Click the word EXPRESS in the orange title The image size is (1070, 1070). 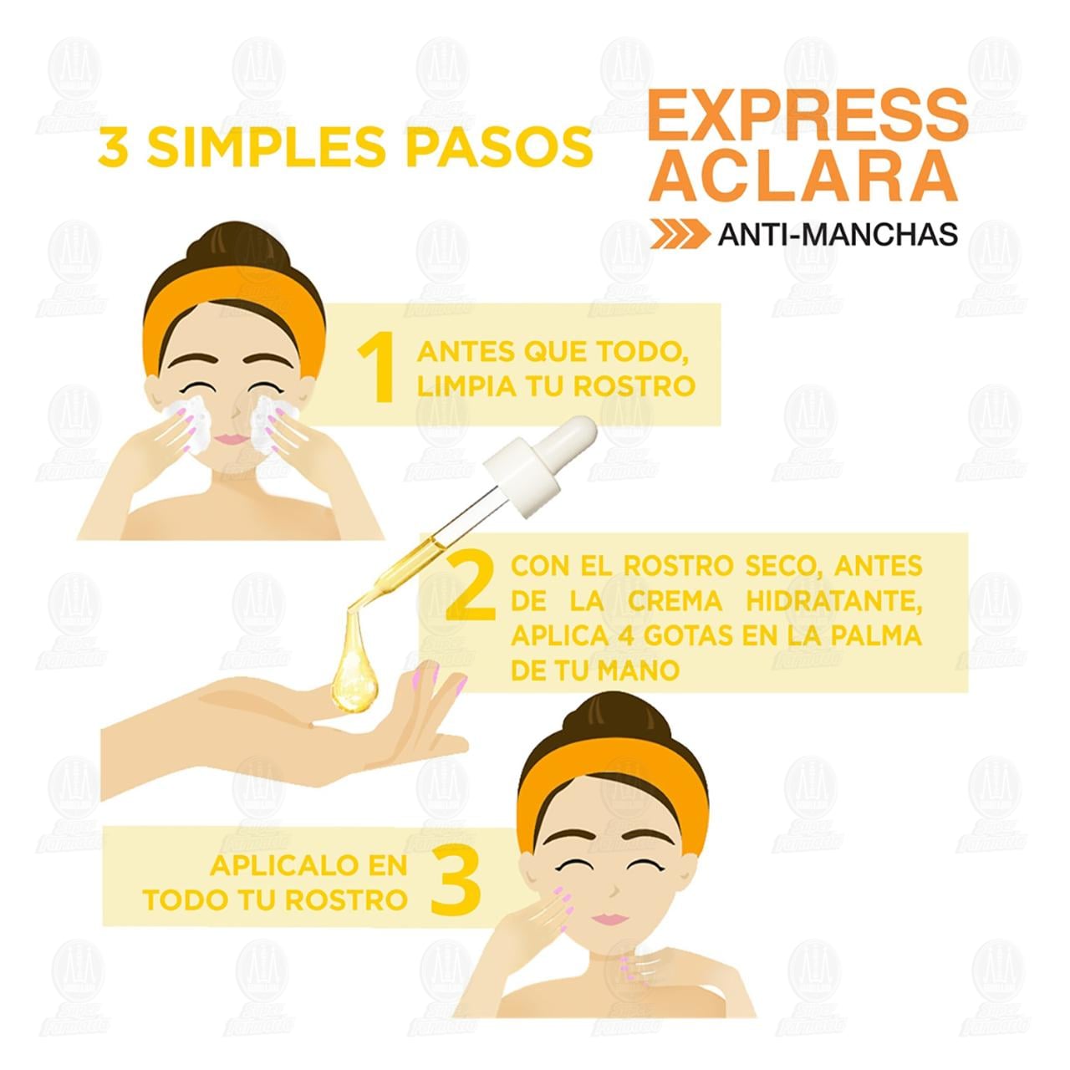(x=808, y=115)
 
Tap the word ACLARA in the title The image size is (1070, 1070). (x=802, y=176)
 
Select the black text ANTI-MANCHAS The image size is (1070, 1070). (x=838, y=234)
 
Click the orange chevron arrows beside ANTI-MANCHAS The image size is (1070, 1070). (x=680, y=234)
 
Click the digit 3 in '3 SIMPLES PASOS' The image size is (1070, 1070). (x=114, y=147)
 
